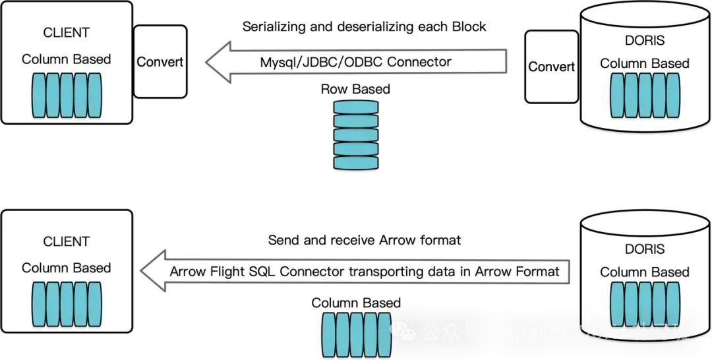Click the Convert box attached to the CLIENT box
[x=160, y=61]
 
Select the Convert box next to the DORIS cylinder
[x=551, y=67]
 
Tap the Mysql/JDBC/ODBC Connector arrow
[x=356, y=62]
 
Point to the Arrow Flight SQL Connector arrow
[x=356, y=271]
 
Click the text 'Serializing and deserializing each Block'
[x=365, y=27]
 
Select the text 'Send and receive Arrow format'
[x=365, y=240]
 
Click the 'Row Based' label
[x=356, y=89]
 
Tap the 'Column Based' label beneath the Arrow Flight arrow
[x=356, y=303]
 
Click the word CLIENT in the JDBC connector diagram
[x=66, y=32]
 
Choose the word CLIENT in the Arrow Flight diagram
[x=66, y=241]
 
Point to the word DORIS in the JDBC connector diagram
[x=644, y=41]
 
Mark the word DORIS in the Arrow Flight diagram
[x=644, y=249]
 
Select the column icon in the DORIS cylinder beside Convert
[x=644, y=96]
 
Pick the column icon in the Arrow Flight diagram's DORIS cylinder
[x=644, y=303]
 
